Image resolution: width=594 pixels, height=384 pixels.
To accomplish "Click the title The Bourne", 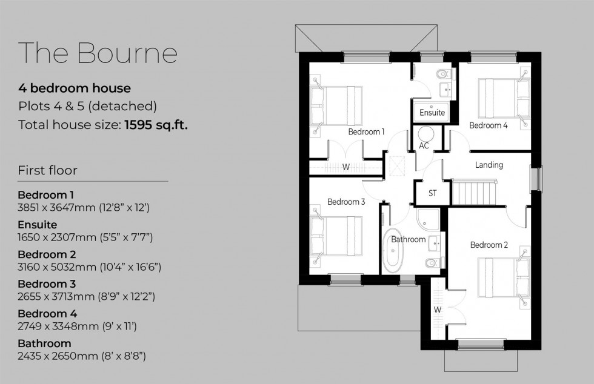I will coord(98,53).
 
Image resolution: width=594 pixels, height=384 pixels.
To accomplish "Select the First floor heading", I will coord(48,170).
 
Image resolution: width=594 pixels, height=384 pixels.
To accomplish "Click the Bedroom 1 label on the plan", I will coord(366,131).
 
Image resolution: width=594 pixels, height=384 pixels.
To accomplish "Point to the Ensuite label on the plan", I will coord(432,113).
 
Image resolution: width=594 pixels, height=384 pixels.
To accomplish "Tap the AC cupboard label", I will coord(424,146).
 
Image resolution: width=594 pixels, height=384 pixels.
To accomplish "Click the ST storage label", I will coord(433,194).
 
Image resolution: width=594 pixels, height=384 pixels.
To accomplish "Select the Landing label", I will coord(489,165).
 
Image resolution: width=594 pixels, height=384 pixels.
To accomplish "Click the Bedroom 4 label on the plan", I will coord(489,125).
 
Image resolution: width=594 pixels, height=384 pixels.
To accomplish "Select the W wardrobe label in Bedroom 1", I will coord(346,167).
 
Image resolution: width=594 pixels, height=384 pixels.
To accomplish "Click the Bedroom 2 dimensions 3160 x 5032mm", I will coord(89,266).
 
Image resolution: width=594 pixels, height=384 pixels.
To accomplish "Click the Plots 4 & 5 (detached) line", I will coord(87,107).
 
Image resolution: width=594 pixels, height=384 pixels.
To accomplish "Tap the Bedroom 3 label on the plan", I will coord(345,202).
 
